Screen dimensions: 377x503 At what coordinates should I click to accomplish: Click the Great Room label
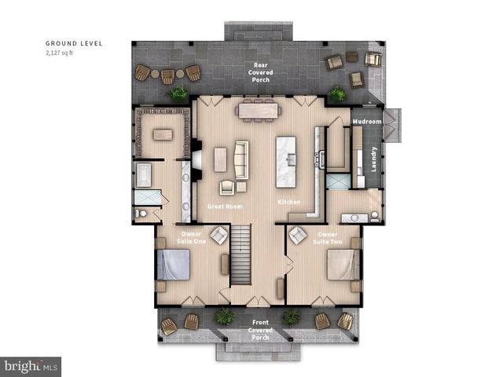coord(224,206)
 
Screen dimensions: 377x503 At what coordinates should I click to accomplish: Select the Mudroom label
coord(366,122)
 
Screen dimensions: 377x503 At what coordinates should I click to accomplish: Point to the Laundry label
coord(374,159)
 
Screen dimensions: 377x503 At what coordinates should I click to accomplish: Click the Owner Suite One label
coord(192,237)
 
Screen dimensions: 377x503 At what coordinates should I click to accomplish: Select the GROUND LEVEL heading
coord(74,43)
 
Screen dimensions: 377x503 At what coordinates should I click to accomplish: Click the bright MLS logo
coord(31,366)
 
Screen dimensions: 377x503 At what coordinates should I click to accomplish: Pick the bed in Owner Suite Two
coord(345,265)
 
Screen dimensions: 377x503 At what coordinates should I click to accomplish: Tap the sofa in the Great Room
coord(241,159)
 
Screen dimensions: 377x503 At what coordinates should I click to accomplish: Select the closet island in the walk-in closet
coord(163,134)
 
